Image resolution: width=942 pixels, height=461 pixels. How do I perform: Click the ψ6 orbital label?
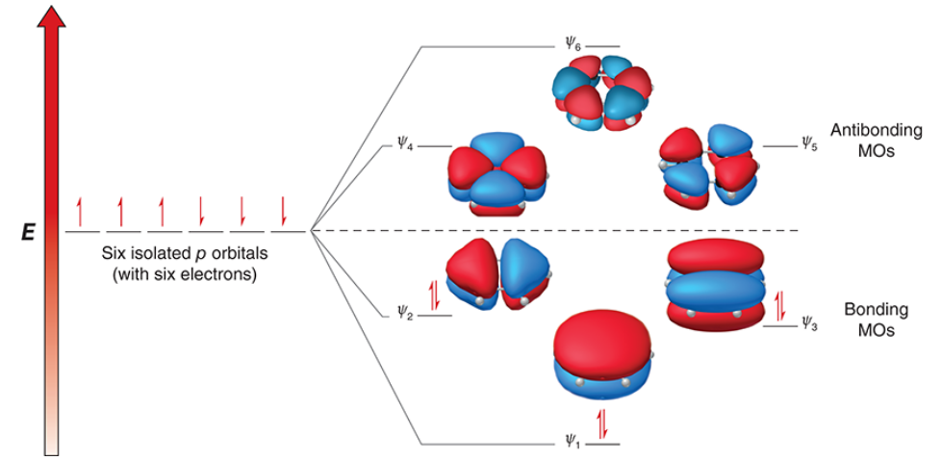[573, 44]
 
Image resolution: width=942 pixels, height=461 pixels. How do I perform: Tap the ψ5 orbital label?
[806, 145]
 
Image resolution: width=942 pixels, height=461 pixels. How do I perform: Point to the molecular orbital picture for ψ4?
[497, 173]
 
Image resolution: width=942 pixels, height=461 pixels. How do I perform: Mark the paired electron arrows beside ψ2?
[435, 295]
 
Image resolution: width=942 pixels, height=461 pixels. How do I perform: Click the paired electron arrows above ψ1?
[603, 421]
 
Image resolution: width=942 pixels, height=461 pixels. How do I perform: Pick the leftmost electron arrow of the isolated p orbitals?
[81, 209]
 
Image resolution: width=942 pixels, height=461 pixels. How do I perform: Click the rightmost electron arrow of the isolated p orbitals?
[284, 209]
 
